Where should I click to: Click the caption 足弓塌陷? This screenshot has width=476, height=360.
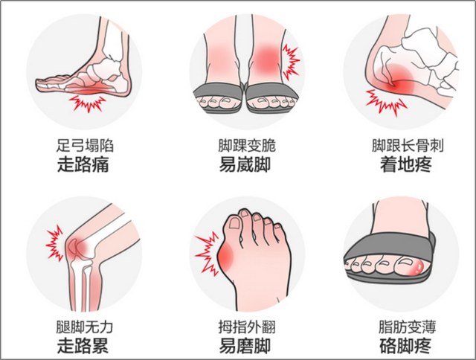click(x=85, y=146)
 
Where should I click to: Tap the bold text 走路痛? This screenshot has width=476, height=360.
click(x=83, y=165)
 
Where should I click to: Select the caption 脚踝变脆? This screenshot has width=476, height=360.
click(x=247, y=146)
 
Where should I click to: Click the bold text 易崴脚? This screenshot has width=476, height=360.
click(x=245, y=165)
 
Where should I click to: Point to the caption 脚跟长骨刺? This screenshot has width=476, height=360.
click(x=408, y=146)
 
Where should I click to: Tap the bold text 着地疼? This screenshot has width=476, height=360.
click(x=406, y=165)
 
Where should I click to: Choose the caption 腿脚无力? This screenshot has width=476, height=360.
click(x=85, y=327)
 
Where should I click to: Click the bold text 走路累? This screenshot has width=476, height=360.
click(x=83, y=347)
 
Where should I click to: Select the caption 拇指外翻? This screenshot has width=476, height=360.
click(x=247, y=327)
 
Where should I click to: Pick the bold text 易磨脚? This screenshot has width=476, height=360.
click(x=245, y=347)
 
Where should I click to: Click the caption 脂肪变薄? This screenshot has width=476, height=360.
click(x=407, y=327)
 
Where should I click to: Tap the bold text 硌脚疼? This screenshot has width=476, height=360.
click(x=405, y=347)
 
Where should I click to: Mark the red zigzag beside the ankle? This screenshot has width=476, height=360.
click(x=290, y=62)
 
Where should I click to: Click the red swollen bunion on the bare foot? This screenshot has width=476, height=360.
click(x=225, y=257)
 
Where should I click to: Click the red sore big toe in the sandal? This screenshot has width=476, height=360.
click(x=416, y=267)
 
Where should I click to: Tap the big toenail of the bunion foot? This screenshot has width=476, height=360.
click(x=234, y=223)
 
